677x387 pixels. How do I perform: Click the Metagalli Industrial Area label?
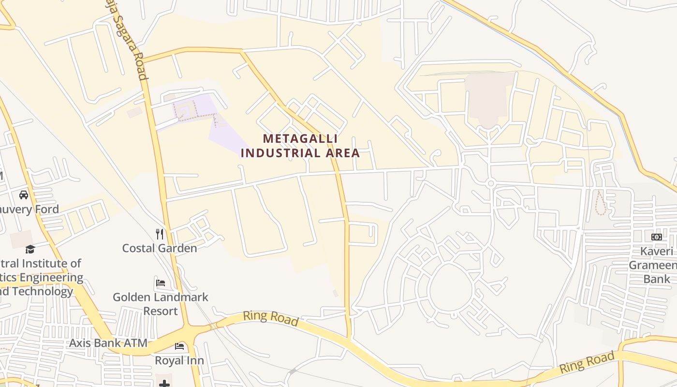pos(300,146)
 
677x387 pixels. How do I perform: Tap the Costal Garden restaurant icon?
pos(160,234)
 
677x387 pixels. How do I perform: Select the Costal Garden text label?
pos(159,248)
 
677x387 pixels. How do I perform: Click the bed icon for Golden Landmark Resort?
pos(161,283)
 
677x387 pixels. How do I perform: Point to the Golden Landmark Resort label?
pos(161,304)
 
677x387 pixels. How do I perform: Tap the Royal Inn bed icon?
pos(179,346)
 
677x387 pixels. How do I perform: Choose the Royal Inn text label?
pos(179,360)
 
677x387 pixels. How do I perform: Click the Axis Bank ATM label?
pos(108,343)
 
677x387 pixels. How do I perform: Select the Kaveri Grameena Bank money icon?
pos(656,237)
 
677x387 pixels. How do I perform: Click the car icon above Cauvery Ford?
pos(23,195)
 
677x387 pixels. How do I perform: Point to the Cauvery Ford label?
pos(29,209)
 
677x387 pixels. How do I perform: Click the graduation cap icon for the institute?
pos(30,250)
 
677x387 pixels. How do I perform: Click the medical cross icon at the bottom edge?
pos(164,384)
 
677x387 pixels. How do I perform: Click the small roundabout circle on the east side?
pos(491,183)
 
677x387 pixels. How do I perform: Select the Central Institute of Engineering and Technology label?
pos(41,278)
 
